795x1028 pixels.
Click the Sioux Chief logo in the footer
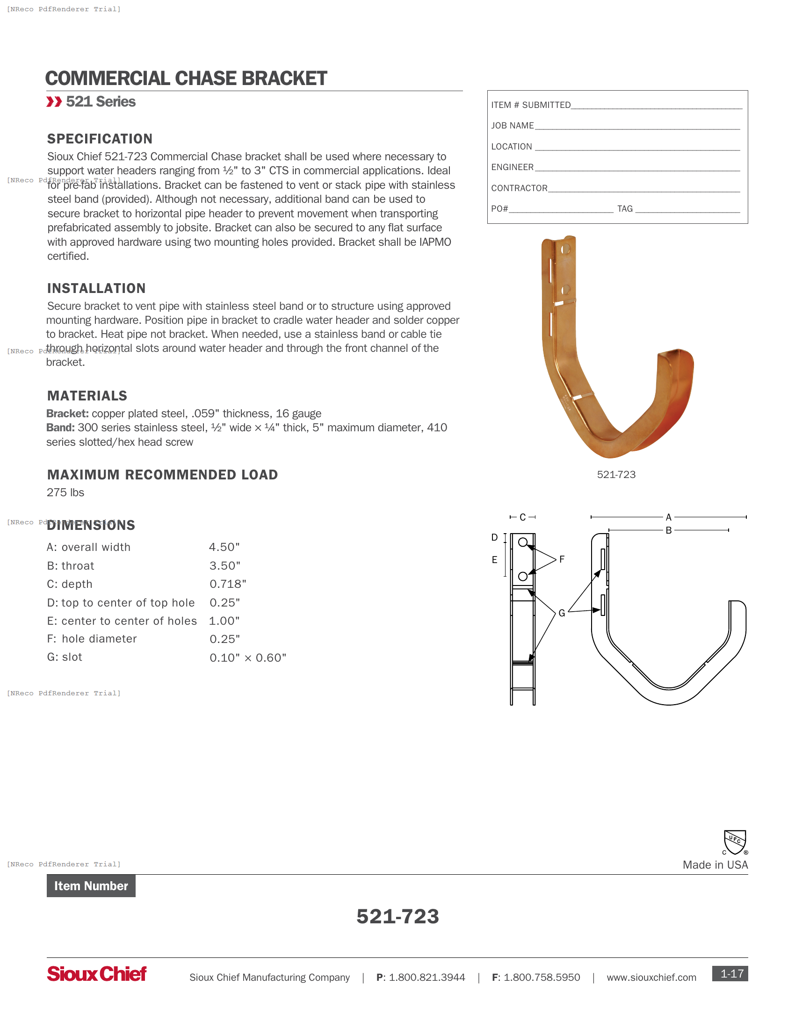[x=96, y=973]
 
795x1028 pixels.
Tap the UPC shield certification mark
[x=735, y=842]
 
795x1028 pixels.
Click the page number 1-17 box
[x=730, y=973]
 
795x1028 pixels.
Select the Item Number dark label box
[x=91, y=886]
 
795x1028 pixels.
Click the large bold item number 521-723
[x=397, y=916]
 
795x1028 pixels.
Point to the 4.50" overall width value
[x=224, y=547]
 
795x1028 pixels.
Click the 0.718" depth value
[x=228, y=584]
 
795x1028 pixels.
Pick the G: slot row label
[x=65, y=657]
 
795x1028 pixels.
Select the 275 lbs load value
[x=65, y=493]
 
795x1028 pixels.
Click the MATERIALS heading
[x=87, y=396]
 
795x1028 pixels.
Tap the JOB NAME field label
[x=513, y=126]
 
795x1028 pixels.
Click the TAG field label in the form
[x=625, y=208]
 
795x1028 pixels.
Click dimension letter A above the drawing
[x=668, y=517]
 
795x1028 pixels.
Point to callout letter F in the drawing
[x=562, y=559]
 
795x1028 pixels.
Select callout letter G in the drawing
[x=562, y=613]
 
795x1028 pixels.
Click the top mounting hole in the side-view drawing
[x=523, y=542]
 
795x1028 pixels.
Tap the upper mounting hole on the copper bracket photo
[x=566, y=249]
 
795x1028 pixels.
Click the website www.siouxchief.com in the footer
[x=651, y=977]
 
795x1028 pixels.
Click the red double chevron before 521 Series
[x=54, y=102]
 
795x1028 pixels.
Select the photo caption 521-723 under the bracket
[x=616, y=474]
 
